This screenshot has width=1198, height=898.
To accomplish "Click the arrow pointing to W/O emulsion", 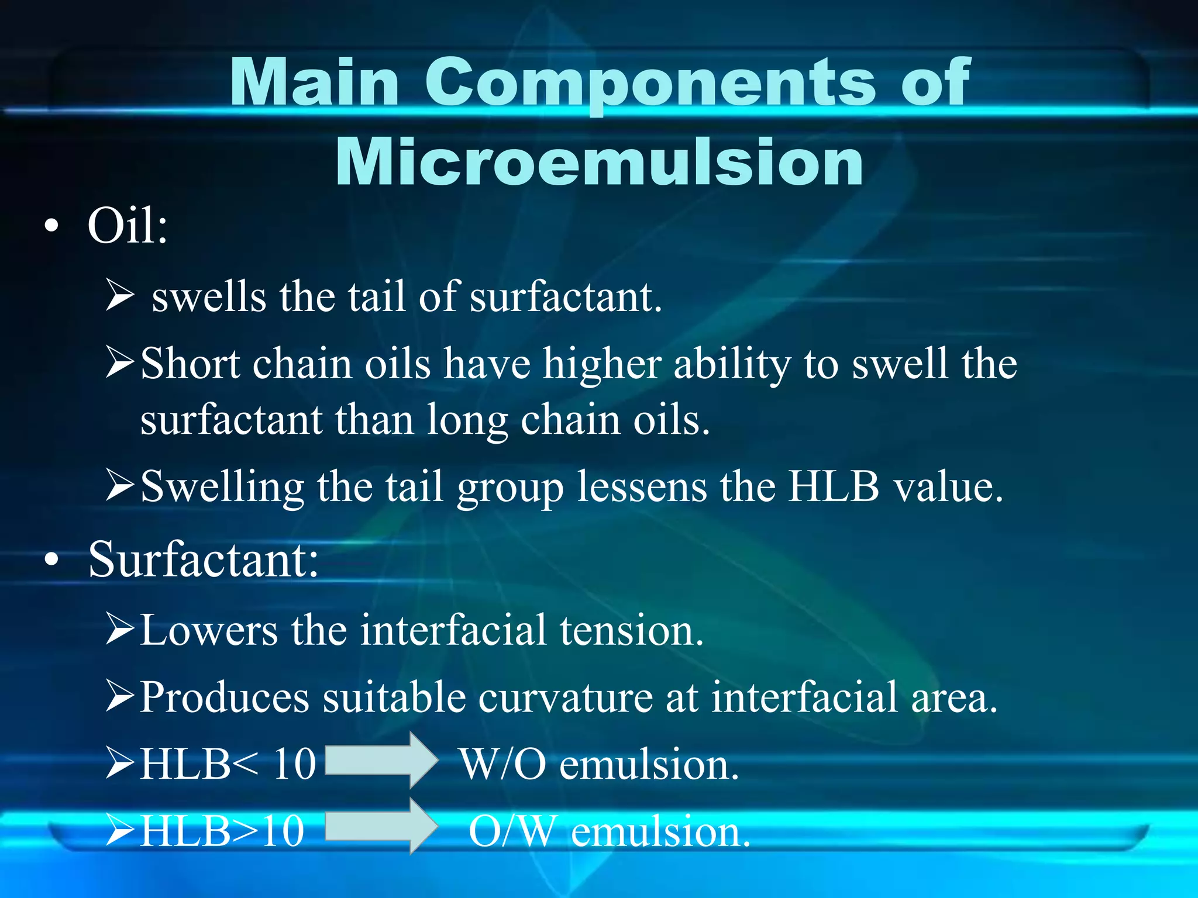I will (x=381, y=759).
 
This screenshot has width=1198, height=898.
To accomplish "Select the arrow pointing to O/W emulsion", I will (x=381, y=826).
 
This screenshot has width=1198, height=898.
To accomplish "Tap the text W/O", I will (x=503, y=764).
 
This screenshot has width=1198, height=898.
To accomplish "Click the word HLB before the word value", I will (x=834, y=486).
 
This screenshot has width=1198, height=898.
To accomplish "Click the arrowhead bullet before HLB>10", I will (x=121, y=831).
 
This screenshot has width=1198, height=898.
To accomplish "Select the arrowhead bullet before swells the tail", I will (x=121, y=296).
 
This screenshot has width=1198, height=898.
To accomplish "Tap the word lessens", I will (x=642, y=486).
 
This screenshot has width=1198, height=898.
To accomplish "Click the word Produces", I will (x=225, y=697).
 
